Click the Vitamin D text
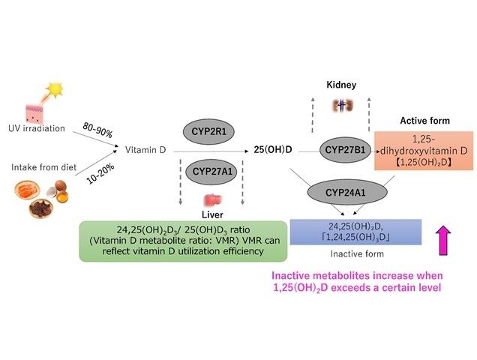[x=145, y=150]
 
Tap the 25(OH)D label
[x=273, y=150]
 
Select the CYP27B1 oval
[x=344, y=149]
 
